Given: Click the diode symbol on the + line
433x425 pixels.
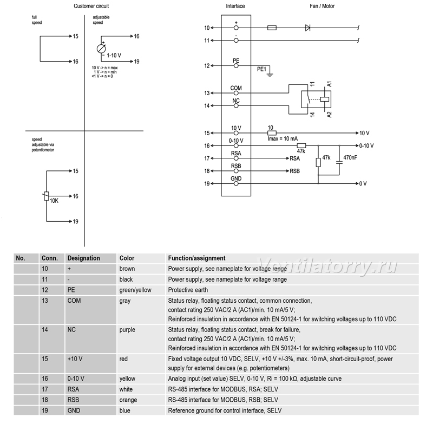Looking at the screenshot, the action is point(307,28).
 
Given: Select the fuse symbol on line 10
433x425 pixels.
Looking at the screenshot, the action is point(272,28).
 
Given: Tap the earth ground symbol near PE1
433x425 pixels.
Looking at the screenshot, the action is point(270,74).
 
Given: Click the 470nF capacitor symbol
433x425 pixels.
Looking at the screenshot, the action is point(339,163).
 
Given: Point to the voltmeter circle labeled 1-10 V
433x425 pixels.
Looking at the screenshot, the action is point(101,49).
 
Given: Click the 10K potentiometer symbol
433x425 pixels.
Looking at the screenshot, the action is point(47,196).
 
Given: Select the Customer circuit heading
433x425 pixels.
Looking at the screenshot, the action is point(91,6).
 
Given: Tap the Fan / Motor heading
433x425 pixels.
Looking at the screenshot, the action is point(322,6).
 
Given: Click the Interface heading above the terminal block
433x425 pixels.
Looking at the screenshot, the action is point(235,6).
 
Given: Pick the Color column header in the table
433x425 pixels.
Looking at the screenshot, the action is point(127,258).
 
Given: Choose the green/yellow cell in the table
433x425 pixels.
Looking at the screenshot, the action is point(135,290).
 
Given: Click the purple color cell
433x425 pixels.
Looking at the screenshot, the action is point(127,330).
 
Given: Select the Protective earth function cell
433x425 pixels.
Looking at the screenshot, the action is point(188,290).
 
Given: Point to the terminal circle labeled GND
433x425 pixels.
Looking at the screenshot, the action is point(236,183).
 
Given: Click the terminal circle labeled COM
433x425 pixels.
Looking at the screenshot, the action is point(236,93).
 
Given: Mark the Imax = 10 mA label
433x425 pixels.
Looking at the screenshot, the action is point(283,139).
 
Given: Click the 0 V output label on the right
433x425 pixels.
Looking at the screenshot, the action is point(363,184).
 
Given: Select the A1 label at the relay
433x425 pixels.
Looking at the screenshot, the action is point(329,84).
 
